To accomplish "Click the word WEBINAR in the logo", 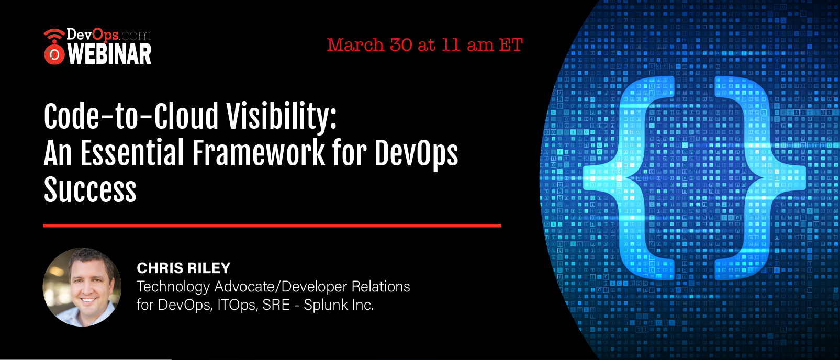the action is (109, 54).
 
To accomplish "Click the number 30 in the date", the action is (401, 45).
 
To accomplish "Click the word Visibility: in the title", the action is (282, 116).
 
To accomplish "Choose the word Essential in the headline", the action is (132, 152).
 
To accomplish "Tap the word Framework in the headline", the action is (259, 152).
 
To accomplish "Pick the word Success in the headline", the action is (90, 189).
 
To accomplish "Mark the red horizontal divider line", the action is (272, 226).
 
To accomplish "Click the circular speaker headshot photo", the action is (82, 287).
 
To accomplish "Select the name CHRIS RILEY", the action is (184, 268).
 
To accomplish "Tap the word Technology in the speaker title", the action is (173, 287).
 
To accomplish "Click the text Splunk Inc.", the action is (339, 305).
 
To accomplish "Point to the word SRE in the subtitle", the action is (276, 305).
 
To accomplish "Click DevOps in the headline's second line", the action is (416, 153).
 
